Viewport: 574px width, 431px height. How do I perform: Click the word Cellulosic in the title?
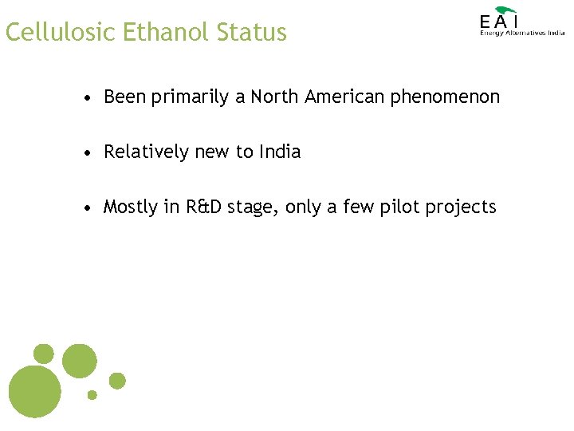tap(61, 33)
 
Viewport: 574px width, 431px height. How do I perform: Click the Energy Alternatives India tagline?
tap(522, 33)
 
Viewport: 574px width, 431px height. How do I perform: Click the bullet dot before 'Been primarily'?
tap(92, 98)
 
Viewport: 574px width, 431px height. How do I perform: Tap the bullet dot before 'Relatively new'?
tap(92, 152)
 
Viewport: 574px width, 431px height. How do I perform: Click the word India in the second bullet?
tap(280, 152)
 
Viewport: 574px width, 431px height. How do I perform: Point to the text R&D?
tap(205, 207)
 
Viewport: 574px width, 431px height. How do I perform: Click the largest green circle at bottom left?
tap(34, 392)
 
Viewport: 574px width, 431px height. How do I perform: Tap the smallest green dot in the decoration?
tap(92, 394)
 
